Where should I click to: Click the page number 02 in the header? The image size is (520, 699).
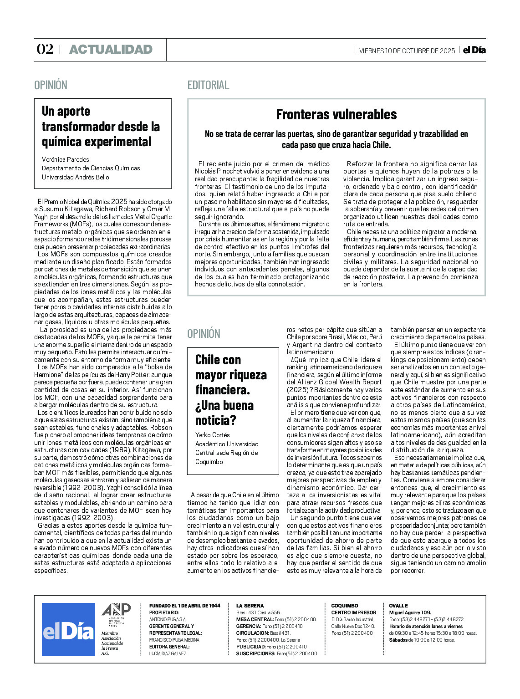[x=45, y=49]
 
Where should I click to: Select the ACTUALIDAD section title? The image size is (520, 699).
[x=111, y=49]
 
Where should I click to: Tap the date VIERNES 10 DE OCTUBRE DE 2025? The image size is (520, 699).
[x=407, y=51]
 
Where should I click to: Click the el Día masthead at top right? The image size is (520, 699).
[x=474, y=50]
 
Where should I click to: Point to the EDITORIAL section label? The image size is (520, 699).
[x=208, y=85]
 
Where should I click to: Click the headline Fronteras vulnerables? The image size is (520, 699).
[x=336, y=114]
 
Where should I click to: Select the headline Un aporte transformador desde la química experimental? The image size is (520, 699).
[x=101, y=126]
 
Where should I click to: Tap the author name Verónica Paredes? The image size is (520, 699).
[x=66, y=159]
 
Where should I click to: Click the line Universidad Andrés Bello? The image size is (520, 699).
[x=76, y=177]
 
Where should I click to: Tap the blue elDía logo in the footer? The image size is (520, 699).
[x=68, y=630]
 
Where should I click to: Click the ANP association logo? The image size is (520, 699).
[x=116, y=612]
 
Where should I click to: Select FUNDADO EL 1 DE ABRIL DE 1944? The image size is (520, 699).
[x=184, y=606]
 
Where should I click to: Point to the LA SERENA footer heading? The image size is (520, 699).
[x=250, y=606]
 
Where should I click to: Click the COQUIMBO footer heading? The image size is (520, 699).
[x=345, y=606]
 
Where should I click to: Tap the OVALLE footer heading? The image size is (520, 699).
[x=398, y=606]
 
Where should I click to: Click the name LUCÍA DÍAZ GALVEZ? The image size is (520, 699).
[x=168, y=653]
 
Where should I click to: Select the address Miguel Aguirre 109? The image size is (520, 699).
[x=410, y=612]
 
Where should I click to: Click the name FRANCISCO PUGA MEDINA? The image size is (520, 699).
[x=174, y=640]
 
